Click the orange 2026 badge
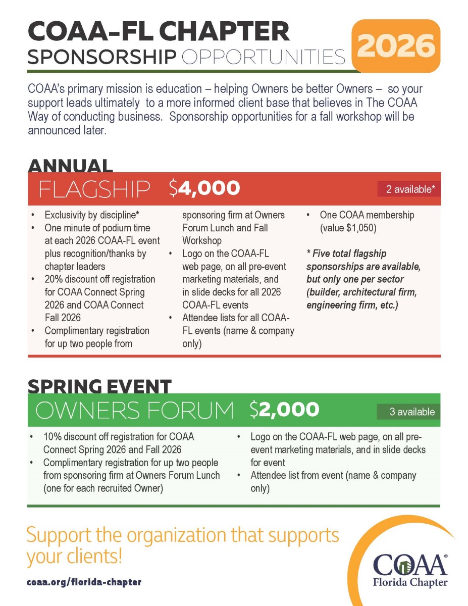(x=396, y=46)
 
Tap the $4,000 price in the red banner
(x=204, y=188)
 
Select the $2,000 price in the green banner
(x=284, y=410)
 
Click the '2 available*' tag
(x=409, y=189)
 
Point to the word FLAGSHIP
(x=94, y=189)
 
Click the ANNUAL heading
(x=70, y=166)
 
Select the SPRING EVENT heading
(x=99, y=386)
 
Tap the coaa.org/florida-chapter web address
(x=84, y=582)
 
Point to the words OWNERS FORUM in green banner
(x=135, y=410)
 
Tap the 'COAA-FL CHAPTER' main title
(x=159, y=32)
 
